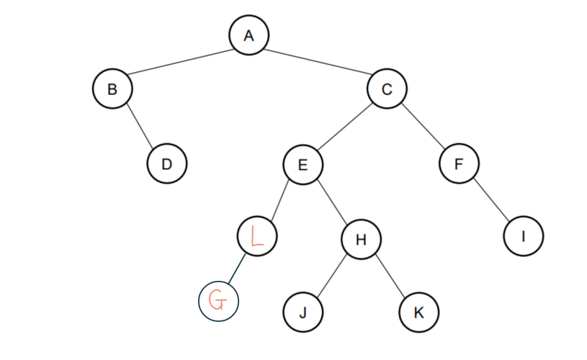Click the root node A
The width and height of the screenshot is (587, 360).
(248, 35)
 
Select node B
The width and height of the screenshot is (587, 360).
(112, 89)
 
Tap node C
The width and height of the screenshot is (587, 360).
(387, 89)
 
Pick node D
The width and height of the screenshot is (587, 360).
(167, 164)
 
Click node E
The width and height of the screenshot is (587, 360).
(303, 164)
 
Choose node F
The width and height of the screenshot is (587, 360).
(459, 164)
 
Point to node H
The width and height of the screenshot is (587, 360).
(361, 240)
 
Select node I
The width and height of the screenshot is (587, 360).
(524, 235)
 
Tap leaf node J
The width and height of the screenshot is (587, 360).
(303, 312)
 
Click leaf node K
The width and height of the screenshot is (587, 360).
(418, 312)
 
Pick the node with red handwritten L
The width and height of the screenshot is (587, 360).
(256, 235)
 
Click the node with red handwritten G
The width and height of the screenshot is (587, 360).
(218, 300)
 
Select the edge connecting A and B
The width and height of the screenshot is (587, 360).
(180, 62)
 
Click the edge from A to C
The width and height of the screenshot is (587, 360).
(318, 62)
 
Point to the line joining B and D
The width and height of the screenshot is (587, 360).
(140, 127)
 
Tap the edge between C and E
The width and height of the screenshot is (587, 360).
(345, 127)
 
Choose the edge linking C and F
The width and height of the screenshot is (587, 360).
(423, 127)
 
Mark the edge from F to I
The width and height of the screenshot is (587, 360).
(491, 200)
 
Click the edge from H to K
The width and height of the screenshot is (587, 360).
(390, 276)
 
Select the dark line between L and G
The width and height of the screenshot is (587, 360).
(238, 267)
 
